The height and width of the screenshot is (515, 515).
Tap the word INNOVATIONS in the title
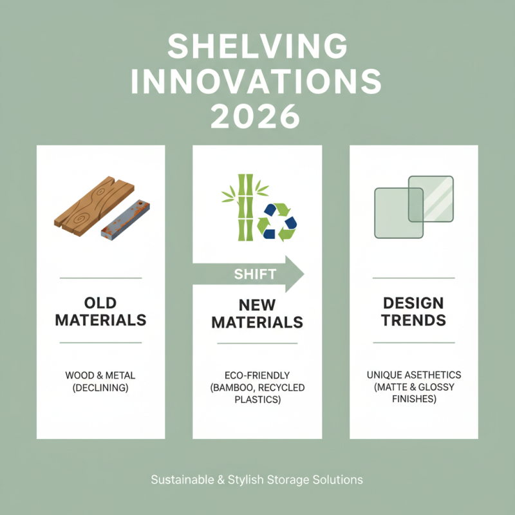point(257,82)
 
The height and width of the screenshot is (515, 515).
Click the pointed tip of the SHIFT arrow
point(302,274)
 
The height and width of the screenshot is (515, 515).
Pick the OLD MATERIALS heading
point(100,311)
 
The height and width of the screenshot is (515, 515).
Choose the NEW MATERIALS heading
point(257,313)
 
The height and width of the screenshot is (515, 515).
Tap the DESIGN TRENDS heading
point(414,311)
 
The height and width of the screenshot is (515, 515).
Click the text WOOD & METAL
point(100,375)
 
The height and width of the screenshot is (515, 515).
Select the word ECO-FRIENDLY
point(257,375)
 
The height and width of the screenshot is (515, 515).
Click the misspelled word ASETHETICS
point(431,375)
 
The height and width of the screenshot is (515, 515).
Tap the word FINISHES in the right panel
point(414,399)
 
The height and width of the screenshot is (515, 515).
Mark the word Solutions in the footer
point(340,480)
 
